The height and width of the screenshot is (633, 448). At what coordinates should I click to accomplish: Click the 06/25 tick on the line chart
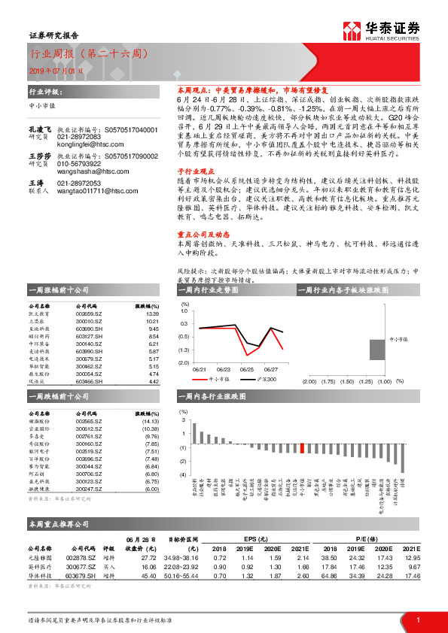(x=246, y=369)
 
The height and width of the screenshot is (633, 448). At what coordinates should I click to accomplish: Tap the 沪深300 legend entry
(x=267, y=380)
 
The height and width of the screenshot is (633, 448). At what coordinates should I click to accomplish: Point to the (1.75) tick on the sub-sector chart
(x=328, y=382)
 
